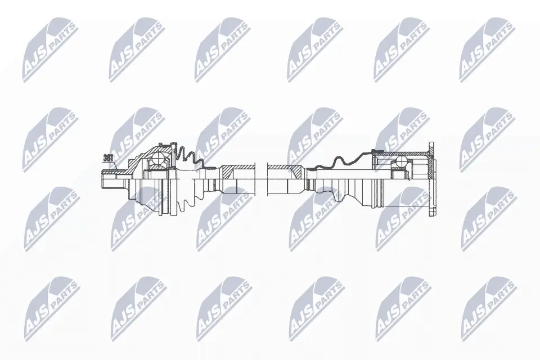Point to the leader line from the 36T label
[x=114, y=164]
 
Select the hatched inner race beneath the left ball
[x=159, y=168]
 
